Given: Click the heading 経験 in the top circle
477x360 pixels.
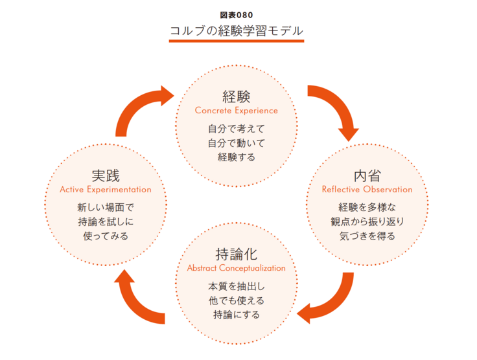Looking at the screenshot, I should pos(236,96).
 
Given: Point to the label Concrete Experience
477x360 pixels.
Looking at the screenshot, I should pos(236,111).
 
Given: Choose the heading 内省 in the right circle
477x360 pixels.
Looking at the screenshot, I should pos(367,175).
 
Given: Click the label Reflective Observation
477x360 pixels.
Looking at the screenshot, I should pos(367,190).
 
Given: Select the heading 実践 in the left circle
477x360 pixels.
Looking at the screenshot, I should pos(106,175).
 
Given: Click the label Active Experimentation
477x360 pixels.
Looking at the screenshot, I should pos(106,190).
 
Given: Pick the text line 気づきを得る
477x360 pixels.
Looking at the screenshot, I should pos(367,236).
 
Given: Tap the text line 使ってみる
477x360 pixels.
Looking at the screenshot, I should pos(106,236).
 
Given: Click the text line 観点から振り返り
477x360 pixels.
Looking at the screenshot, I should pos(367,222).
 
